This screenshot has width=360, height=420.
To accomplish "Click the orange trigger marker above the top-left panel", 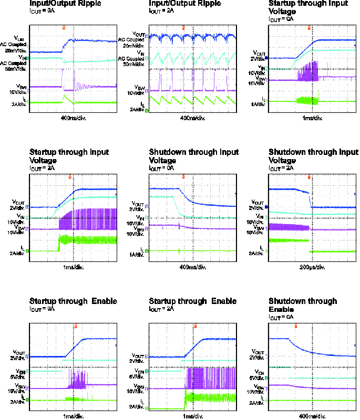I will point(64,27).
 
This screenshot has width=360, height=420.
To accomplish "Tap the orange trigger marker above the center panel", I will point(183,176).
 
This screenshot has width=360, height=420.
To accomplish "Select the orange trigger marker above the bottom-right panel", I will point(295,326).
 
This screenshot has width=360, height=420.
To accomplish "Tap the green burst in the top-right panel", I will point(307,100).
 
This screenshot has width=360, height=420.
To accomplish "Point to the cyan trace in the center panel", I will point(163,196).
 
